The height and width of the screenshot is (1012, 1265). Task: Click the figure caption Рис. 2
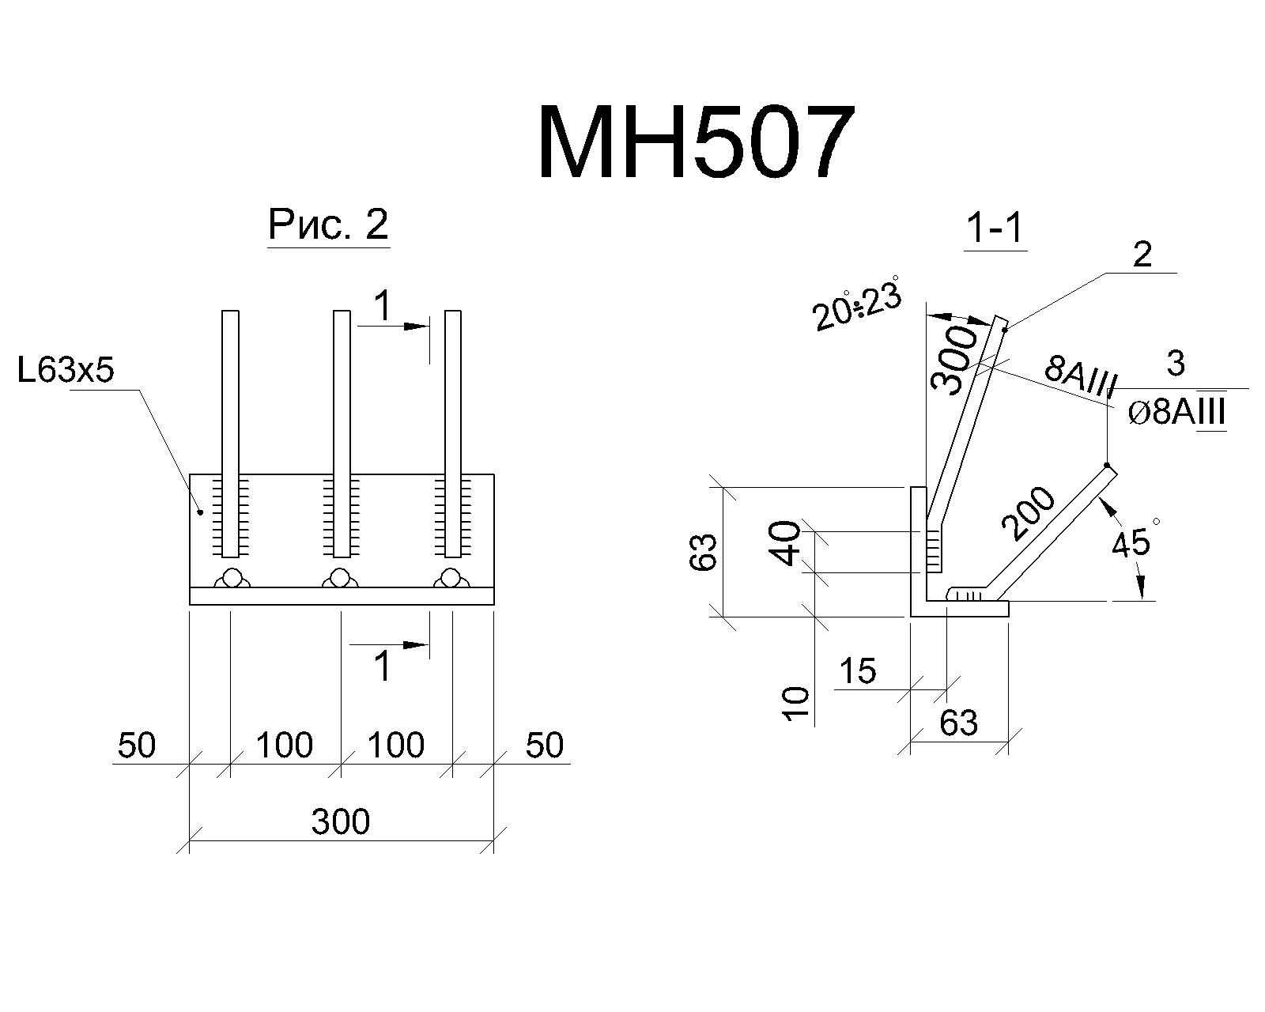pyautogui.click(x=328, y=225)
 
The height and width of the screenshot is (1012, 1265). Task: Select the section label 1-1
pyautogui.click(x=995, y=228)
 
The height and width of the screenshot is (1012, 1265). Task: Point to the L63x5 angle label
pyautogui.click(x=66, y=371)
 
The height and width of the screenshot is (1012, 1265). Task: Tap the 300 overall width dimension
pyautogui.click(x=340, y=821)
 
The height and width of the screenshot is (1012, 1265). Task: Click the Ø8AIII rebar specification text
pyautogui.click(x=1176, y=412)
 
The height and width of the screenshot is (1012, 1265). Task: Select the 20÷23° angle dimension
pyautogui.click(x=856, y=306)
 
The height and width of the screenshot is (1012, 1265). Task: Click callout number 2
pyautogui.click(x=1142, y=255)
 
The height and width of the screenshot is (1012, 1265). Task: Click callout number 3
pyautogui.click(x=1175, y=363)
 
